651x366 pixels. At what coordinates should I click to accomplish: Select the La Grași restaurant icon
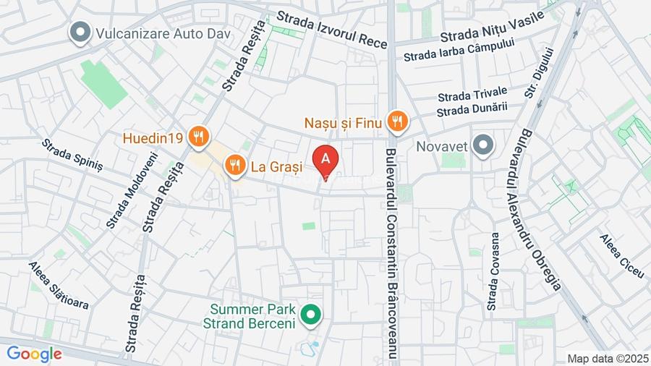tap(234, 166)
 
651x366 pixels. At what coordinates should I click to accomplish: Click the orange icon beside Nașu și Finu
tap(396, 122)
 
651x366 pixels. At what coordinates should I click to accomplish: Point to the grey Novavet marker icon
tap(482, 145)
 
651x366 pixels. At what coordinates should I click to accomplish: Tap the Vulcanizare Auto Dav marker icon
tap(79, 32)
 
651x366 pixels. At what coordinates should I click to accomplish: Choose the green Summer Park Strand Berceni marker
tap(312, 315)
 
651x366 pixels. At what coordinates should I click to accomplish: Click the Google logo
tap(34, 354)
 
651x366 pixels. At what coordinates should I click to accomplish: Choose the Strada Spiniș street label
tap(72, 155)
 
